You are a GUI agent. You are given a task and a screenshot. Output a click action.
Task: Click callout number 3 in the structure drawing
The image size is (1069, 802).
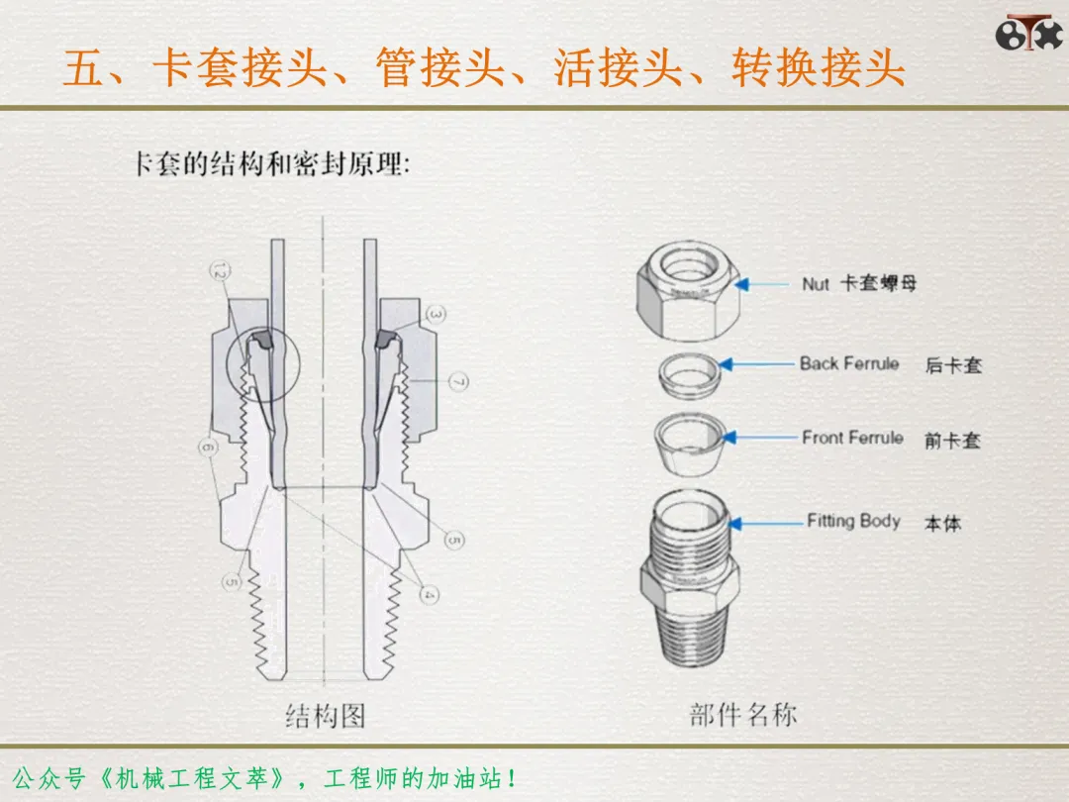[437, 315]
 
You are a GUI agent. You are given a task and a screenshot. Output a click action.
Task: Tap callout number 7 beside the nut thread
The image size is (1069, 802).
[458, 381]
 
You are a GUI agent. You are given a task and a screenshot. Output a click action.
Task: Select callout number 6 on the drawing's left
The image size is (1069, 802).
[207, 448]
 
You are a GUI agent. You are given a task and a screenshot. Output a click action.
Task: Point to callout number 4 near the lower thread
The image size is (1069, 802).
[429, 594]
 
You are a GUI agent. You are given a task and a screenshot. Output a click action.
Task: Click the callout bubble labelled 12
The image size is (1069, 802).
[220, 272]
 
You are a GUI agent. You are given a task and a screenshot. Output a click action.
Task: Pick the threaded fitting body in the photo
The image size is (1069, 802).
[690, 584]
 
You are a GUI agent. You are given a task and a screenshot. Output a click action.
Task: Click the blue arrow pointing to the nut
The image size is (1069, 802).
[766, 284]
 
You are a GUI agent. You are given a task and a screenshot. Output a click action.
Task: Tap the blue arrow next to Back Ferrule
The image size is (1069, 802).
[760, 364]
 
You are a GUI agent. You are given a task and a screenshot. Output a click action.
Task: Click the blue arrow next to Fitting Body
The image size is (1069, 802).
[767, 522]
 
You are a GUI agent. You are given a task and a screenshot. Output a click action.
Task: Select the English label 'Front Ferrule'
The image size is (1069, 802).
[852, 438]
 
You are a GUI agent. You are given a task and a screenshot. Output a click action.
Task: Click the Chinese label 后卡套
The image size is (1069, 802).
[953, 365]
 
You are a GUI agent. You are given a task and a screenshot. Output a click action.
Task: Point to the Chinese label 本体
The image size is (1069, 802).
[942, 523]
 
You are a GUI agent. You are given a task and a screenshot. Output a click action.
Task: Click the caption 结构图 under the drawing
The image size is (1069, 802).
[325, 716]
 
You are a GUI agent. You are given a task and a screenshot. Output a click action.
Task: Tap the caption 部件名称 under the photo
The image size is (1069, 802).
[742, 714]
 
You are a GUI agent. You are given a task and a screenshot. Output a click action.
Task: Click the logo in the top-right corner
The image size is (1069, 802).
[1028, 32]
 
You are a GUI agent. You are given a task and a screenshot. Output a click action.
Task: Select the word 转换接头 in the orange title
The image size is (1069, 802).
[819, 69]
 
